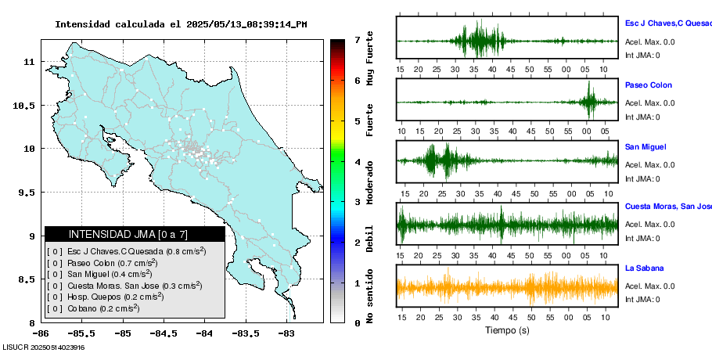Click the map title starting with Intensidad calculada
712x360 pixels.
click(181, 24)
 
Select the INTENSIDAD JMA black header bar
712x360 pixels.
click(135, 234)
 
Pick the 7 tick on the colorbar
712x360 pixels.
click(357, 39)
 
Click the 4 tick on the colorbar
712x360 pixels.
click(357, 162)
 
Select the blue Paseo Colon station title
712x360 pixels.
click(648, 85)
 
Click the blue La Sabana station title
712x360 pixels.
click(645, 268)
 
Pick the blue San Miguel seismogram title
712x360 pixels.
click(645, 146)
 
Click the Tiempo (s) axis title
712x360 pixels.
click(507, 330)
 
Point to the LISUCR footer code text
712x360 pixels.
click(43, 347)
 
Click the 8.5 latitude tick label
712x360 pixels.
click(27, 279)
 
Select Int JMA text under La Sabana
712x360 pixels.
click(642, 300)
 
